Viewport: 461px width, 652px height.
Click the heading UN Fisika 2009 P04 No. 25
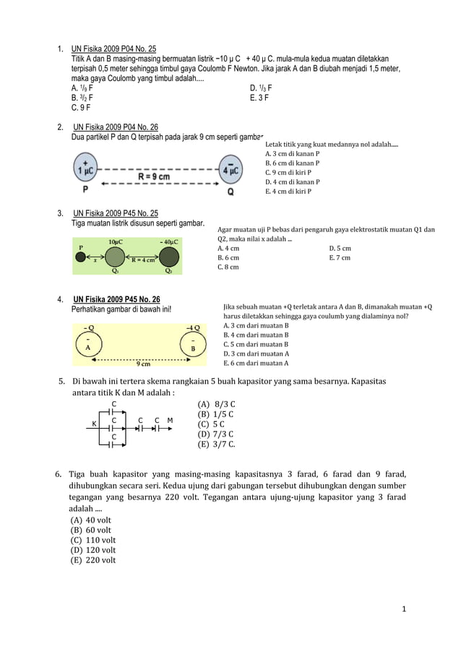click(113, 48)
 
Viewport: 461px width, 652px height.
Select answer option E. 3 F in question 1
click(257, 97)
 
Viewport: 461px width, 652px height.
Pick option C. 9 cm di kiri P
click(288, 173)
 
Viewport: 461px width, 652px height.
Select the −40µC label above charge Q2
click(170, 241)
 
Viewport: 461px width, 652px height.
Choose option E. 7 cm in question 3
click(339, 257)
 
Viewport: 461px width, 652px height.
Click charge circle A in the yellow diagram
click(88, 345)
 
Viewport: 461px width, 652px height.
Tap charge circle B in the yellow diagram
click(193, 346)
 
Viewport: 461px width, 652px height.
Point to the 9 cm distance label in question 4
click(143, 364)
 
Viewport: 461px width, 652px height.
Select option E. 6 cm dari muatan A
click(257, 364)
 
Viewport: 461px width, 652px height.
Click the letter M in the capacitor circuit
click(170, 420)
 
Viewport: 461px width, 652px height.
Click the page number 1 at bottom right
click(405, 609)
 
